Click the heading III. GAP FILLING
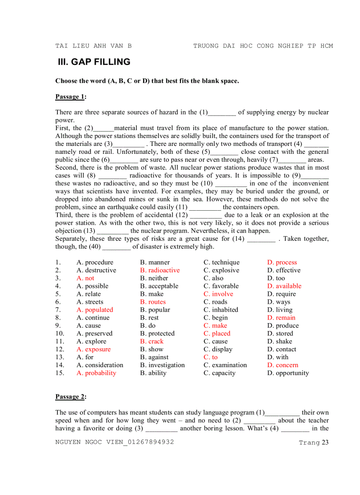click(x=94, y=62)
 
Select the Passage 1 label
click(x=70, y=97)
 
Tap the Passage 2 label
click(x=70, y=397)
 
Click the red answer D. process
click(x=282, y=262)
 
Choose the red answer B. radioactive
click(x=160, y=270)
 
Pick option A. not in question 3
click(x=85, y=278)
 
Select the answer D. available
click(x=284, y=286)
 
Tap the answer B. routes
click(x=153, y=302)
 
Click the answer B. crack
click(x=152, y=342)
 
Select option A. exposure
click(x=94, y=350)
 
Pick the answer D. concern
click(x=282, y=365)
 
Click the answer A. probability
click(x=96, y=373)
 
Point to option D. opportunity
click(x=288, y=373)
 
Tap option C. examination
click(x=225, y=365)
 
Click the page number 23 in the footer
click(x=325, y=443)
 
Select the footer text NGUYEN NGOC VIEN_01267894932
click(x=114, y=442)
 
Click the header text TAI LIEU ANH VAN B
click(x=94, y=46)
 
